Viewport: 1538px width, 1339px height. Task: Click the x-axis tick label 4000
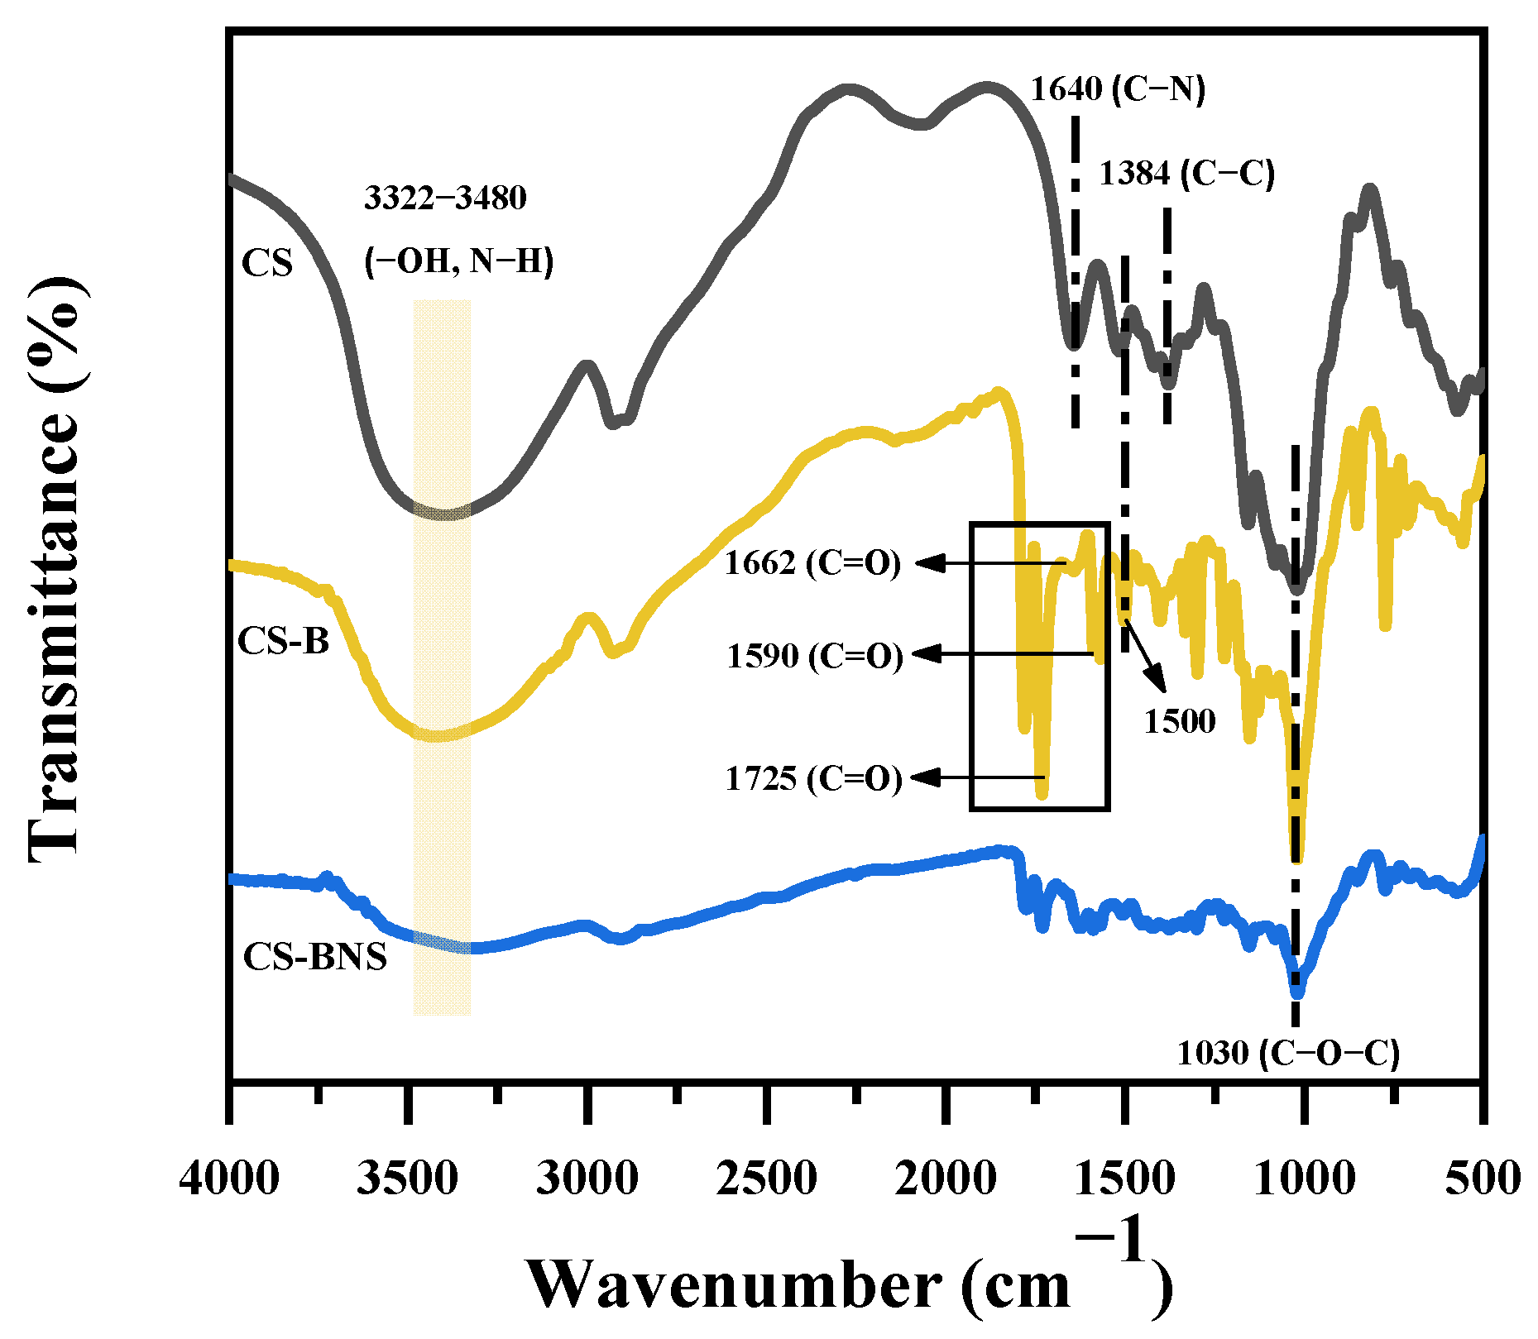[229, 1178]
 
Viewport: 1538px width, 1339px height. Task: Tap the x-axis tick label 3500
[407, 1178]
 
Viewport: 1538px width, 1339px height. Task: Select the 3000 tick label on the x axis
[587, 1178]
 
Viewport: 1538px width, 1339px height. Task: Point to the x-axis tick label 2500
[766, 1178]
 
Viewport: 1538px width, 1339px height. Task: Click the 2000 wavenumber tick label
[946, 1178]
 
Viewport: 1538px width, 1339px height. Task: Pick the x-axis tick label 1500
[1124, 1178]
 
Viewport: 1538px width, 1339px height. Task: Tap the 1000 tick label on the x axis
[1304, 1178]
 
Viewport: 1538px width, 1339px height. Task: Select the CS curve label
[267, 263]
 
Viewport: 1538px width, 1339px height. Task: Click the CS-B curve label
[283, 641]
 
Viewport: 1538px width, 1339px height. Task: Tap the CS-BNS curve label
[314, 957]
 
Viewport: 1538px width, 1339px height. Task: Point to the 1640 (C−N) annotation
[1118, 88]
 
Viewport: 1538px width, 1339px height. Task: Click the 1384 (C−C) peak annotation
[1186, 174]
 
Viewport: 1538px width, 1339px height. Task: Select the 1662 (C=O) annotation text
[812, 563]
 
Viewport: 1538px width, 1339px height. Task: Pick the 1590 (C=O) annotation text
[815, 656]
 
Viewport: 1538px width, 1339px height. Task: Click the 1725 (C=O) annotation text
[813, 778]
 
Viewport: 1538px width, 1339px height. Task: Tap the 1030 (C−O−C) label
[1288, 1054]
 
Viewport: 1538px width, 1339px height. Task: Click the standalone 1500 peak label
[1180, 721]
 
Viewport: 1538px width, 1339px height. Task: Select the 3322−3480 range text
[445, 198]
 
